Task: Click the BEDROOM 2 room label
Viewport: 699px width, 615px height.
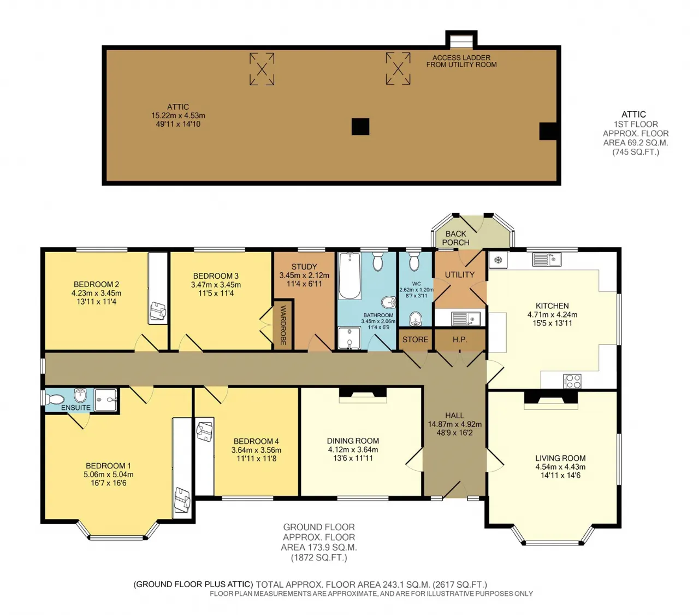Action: pos(96,284)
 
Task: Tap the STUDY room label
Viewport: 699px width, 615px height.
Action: pos(304,267)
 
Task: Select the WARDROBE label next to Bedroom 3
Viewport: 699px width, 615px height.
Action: pos(283,325)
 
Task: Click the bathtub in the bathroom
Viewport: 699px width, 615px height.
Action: pos(349,276)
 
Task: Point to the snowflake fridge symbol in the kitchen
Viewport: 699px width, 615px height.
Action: pos(498,260)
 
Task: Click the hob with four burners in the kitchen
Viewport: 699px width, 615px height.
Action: pos(572,381)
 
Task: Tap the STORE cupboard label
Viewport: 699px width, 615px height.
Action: pos(415,339)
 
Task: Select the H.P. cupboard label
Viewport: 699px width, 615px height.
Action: pos(460,339)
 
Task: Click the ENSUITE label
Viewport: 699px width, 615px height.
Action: pos(76,407)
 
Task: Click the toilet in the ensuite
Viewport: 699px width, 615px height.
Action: pos(55,400)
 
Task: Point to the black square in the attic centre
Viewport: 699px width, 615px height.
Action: pos(360,126)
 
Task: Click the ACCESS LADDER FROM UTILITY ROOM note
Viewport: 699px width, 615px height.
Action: pos(461,61)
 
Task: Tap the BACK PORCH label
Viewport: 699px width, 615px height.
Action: pos(455,238)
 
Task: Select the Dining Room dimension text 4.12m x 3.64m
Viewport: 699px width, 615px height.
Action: pos(353,449)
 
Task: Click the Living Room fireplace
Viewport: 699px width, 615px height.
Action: pos(550,400)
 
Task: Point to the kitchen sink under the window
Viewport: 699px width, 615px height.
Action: pos(547,259)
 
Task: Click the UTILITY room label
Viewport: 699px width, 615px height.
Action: pos(460,274)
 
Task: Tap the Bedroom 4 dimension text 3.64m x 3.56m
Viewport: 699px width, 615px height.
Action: pos(256,450)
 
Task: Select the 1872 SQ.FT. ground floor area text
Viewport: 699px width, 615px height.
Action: pos(319,558)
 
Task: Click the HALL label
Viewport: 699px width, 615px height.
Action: pos(454,415)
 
